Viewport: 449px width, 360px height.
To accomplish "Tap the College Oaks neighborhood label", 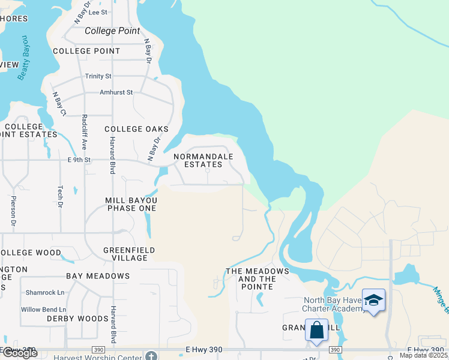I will (136, 129).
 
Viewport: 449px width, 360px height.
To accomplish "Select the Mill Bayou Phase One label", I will (131, 204).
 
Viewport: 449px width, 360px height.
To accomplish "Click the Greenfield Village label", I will (129, 254).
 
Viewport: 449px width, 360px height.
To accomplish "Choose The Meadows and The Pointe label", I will (257, 279).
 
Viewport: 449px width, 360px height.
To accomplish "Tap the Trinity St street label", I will (98, 76).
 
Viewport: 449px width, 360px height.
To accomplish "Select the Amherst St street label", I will (116, 93).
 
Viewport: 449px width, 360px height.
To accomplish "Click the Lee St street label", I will (97, 12).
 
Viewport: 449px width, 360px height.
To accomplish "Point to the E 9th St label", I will (79, 160).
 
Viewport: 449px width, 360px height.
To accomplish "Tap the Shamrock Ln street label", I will (44, 293).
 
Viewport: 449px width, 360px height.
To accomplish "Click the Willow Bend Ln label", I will (43, 310).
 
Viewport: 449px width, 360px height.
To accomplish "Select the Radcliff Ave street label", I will (85, 132).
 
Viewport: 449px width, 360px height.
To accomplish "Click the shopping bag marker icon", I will (316, 330).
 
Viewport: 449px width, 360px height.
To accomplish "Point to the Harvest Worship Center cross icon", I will (152, 356).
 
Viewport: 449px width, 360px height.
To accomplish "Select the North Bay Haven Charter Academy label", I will (334, 304).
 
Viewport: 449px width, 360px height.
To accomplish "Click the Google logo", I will (19, 353).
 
